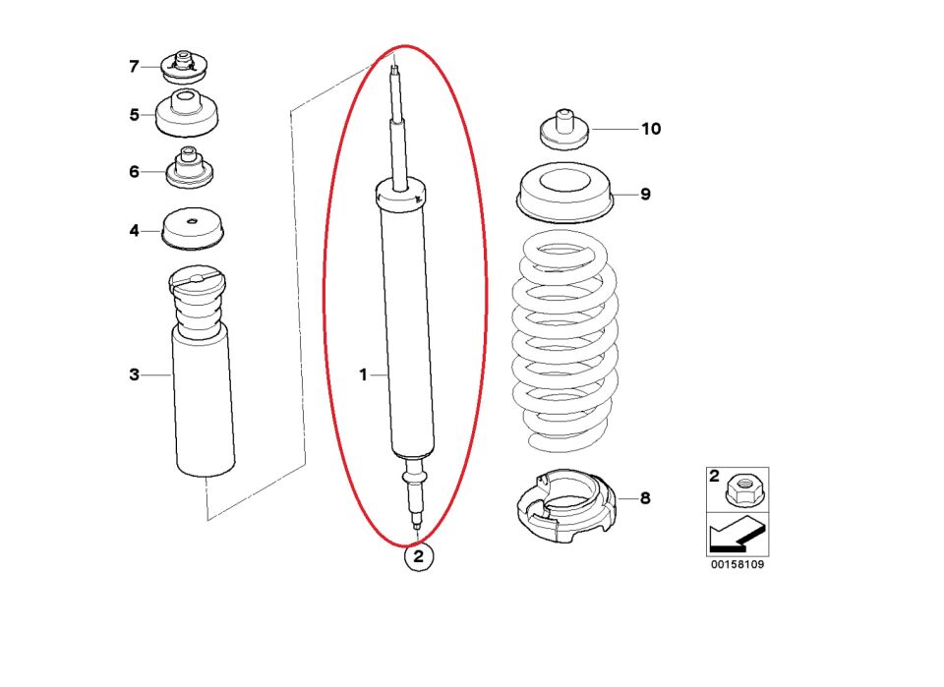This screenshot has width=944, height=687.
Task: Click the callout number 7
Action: coord(134,66)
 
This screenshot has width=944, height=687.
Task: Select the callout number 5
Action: coord(134,114)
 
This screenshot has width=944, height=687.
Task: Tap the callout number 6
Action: coord(134,171)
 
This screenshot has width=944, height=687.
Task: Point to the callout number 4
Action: coord(134,230)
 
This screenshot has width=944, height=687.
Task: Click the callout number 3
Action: coord(134,374)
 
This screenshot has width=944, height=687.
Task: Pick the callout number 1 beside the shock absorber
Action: coord(363,374)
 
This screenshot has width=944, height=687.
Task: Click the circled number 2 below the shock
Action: coord(419,556)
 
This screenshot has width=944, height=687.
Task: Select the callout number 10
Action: coord(651,129)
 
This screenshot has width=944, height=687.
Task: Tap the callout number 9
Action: coord(645,194)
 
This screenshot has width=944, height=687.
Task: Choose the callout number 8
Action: coord(645,498)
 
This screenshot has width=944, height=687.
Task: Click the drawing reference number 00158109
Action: coord(737,564)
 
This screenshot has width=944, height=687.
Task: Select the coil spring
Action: coord(564,341)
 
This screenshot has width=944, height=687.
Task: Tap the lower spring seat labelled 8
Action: coord(566,505)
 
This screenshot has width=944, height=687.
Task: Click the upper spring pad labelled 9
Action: coord(565,193)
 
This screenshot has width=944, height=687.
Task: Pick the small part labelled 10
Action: coord(564,130)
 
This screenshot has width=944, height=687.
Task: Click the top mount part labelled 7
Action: coord(186,68)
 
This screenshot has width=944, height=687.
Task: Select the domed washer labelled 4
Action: coord(192,229)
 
